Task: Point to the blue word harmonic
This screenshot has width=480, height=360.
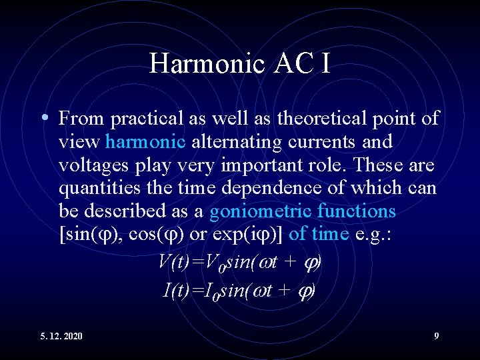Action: pos(145,142)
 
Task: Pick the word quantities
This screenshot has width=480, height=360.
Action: pos(95,189)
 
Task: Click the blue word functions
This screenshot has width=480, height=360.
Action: pos(357,212)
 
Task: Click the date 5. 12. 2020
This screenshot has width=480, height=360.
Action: pos(61,336)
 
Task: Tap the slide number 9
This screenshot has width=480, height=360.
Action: pos(437,336)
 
